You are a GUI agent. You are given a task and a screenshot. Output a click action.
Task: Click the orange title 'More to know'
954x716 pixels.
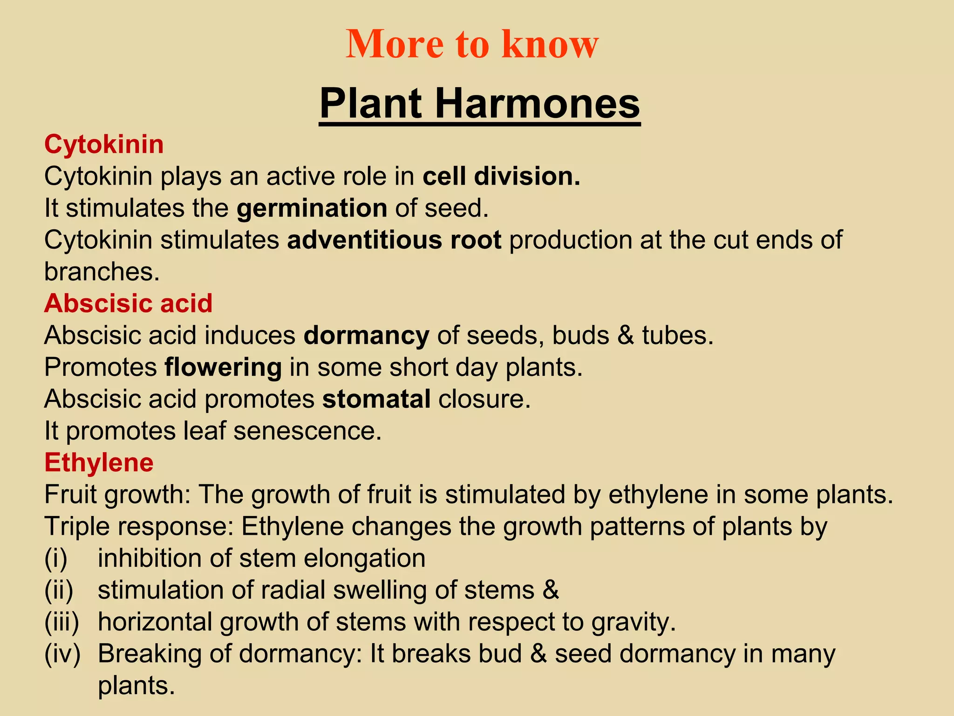472,44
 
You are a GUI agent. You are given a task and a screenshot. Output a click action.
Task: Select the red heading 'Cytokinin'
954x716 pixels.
104,144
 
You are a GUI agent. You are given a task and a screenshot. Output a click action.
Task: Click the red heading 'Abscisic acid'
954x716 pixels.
128,303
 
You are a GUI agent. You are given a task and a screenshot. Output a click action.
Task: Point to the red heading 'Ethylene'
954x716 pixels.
99,462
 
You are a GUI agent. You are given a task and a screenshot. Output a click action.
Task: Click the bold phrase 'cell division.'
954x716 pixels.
502,176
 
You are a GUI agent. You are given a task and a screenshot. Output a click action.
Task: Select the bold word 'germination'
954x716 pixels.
312,208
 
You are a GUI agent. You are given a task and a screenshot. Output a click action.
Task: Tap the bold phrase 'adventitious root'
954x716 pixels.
394,240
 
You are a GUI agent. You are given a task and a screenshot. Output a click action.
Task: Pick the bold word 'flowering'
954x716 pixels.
223,367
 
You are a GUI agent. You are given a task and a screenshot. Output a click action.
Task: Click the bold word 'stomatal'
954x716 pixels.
376,399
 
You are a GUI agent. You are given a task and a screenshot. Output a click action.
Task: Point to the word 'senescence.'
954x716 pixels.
307,431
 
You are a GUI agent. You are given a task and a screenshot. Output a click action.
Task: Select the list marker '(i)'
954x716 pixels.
56,558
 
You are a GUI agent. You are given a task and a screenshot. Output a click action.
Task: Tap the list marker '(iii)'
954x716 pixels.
61,622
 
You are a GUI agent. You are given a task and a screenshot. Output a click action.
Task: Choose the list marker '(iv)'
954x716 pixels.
62,654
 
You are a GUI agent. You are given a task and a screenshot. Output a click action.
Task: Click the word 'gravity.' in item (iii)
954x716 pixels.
634,622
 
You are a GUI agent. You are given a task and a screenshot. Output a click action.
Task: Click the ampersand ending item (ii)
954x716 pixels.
550,590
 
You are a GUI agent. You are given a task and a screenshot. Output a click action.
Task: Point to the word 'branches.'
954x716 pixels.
102,271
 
